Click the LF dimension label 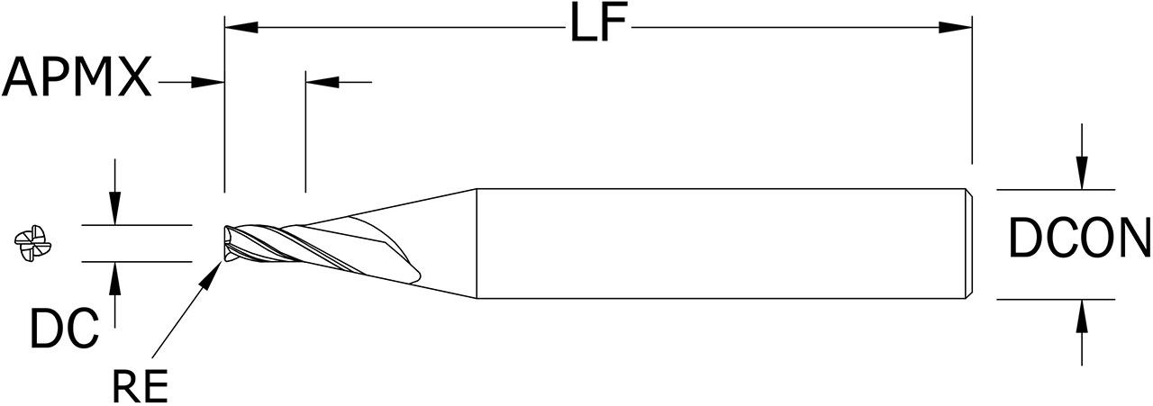(597, 26)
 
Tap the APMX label (77, 79)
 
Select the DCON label (1078, 241)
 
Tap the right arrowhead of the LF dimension (956, 27)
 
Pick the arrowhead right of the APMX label (208, 82)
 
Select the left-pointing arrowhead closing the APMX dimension (322, 82)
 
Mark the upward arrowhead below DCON (1082, 315)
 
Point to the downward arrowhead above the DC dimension (114, 210)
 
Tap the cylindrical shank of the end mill (721, 243)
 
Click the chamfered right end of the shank (969, 243)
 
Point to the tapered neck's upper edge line (387, 206)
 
